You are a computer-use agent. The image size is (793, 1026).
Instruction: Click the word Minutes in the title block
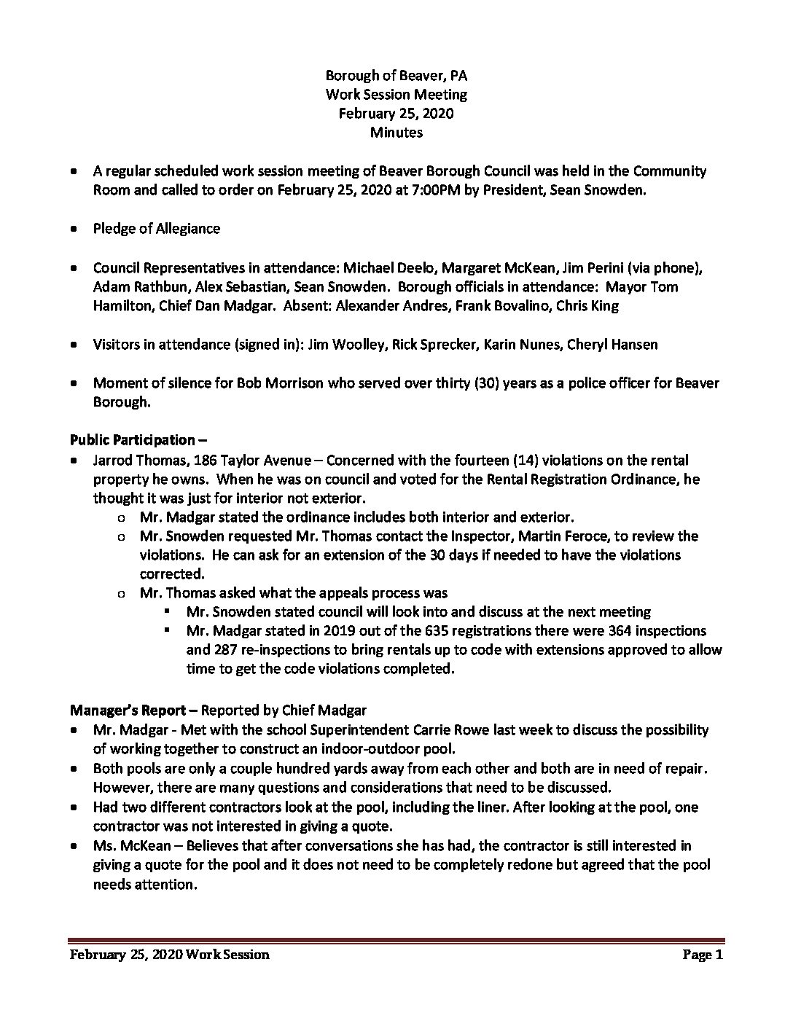(x=396, y=132)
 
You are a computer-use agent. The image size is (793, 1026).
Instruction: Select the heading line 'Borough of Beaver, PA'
(x=396, y=75)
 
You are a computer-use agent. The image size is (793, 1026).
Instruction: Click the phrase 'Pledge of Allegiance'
(x=156, y=229)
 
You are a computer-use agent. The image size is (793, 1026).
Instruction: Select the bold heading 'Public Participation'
(x=133, y=440)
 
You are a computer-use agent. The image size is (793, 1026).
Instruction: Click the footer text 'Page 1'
(x=702, y=955)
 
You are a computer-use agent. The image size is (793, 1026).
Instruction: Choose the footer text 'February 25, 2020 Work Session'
(x=170, y=955)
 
